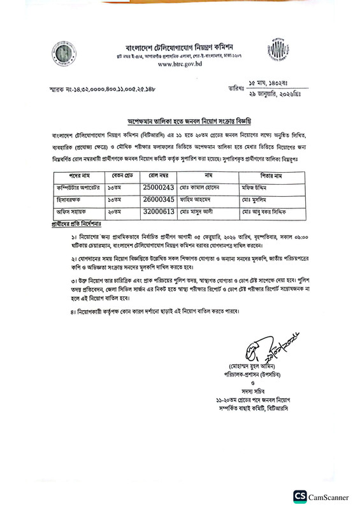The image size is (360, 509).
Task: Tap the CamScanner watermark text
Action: (329, 496)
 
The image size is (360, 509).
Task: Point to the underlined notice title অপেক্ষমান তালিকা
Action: (180, 119)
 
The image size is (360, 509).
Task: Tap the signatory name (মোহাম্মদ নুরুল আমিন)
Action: (257, 366)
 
